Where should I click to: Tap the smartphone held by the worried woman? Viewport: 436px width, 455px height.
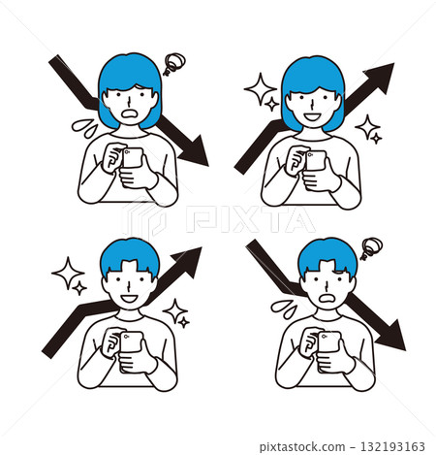[133, 158]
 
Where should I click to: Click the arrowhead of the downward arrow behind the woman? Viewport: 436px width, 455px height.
[195, 151]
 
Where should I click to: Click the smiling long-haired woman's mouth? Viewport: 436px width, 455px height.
[312, 116]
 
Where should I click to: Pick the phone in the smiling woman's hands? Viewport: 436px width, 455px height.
[316, 161]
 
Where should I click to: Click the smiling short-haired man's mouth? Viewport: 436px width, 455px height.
[129, 299]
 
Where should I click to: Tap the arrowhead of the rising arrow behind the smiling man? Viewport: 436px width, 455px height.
[187, 262]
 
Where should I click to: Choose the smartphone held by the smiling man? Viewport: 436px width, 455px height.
[131, 342]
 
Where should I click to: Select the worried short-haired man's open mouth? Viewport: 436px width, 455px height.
[328, 299]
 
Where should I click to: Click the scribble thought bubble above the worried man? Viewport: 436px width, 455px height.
[371, 248]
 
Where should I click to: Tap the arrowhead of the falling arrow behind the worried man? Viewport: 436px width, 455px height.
[391, 336]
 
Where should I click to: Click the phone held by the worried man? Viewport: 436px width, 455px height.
[329, 342]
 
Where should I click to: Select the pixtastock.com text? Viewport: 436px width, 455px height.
[302, 447]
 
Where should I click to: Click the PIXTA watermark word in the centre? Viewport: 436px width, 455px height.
[250, 219]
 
